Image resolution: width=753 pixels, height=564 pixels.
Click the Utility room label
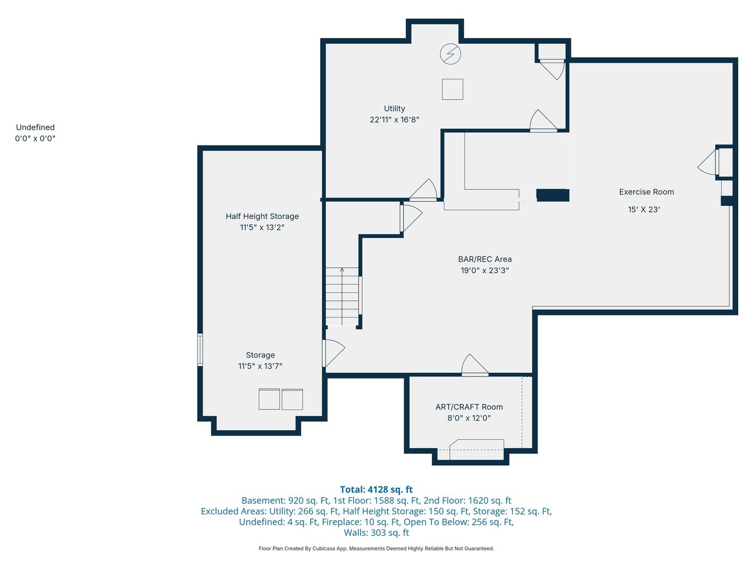(394, 109)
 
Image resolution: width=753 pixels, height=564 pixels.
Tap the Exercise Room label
(646, 192)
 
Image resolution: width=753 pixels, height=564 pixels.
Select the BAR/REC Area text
(485, 259)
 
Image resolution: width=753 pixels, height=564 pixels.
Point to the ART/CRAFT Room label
(469, 407)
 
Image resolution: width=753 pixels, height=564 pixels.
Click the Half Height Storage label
(262, 216)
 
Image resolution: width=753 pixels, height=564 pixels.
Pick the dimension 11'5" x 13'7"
(260, 366)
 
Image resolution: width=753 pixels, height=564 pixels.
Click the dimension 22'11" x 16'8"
(394, 120)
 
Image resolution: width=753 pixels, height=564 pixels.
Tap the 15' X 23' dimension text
(644, 209)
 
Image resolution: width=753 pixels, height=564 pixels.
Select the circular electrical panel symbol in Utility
(450, 54)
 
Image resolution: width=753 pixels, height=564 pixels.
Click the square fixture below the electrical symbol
(452, 89)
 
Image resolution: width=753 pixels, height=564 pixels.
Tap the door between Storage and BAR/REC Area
(333, 353)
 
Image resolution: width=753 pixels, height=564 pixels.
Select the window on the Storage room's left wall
(200, 349)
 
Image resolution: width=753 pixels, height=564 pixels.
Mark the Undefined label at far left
(35, 127)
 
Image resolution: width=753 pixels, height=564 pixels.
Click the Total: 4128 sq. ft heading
(376, 489)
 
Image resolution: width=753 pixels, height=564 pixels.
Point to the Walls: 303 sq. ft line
(376, 533)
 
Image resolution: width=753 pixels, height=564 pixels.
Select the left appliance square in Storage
(269, 399)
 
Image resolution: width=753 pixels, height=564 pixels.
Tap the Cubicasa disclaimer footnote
(376, 548)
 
